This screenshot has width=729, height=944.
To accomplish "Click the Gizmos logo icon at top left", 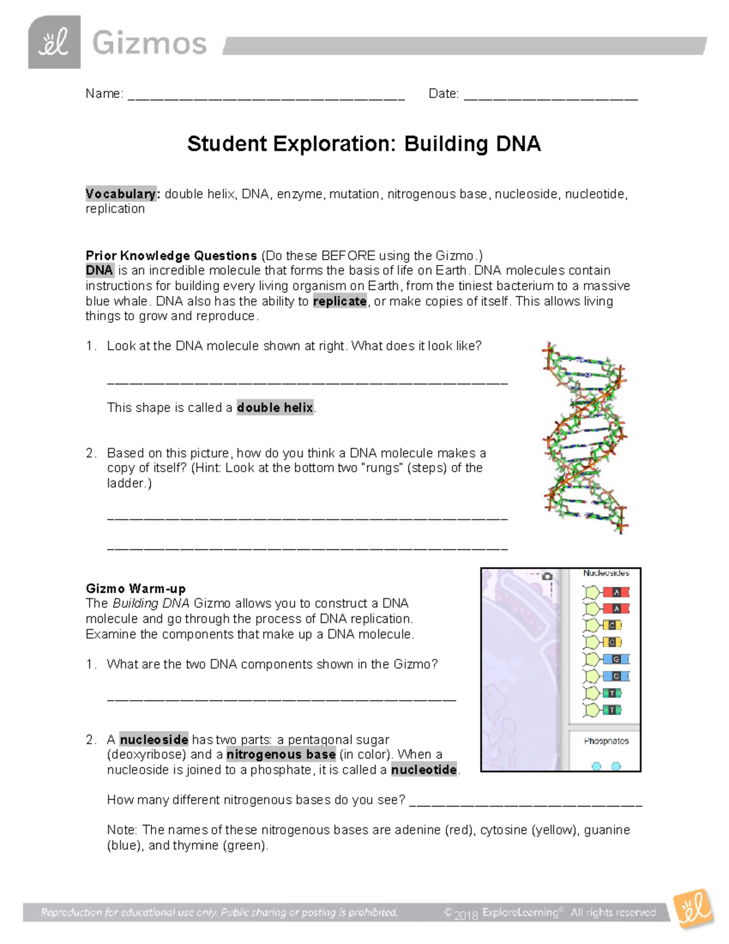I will [54, 43].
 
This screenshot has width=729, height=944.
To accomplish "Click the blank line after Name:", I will [265, 96].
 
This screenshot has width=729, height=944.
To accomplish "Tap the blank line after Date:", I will [550, 96].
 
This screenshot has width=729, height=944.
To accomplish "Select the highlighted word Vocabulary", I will [121, 194].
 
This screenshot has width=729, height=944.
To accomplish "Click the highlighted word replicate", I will [340, 301].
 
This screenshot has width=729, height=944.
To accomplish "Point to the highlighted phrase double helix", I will [275, 407].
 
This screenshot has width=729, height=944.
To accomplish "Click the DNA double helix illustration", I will [584, 438].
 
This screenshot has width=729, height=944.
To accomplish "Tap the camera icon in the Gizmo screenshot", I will [547, 576].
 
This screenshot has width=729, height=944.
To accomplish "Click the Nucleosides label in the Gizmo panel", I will [606, 573].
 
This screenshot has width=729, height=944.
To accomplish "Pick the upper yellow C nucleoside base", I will [612, 625].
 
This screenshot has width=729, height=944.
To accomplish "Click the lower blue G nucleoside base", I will [615, 676].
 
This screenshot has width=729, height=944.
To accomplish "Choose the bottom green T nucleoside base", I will [612, 709].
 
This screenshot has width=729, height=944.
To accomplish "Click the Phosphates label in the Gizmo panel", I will [606, 741].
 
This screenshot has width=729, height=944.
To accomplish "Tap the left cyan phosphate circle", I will [597, 767].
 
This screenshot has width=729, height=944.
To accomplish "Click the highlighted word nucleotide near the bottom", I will [423, 770].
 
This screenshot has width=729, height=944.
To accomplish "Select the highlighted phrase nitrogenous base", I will [281, 754].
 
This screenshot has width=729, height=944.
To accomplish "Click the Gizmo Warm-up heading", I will [135, 588].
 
